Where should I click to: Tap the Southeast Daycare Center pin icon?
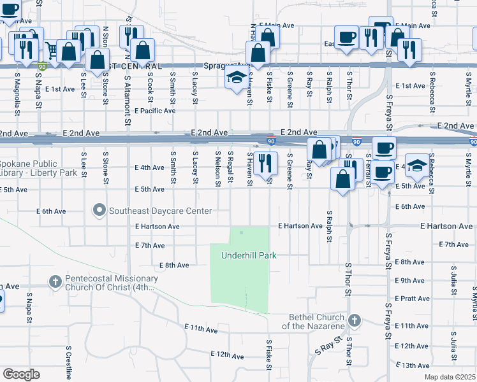click(x=98, y=209)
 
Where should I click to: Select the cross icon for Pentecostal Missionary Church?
click(x=55, y=281)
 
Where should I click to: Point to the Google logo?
click(x=21, y=374)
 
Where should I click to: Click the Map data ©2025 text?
click(x=450, y=377)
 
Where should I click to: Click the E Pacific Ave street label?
click(x=155, y=110)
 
